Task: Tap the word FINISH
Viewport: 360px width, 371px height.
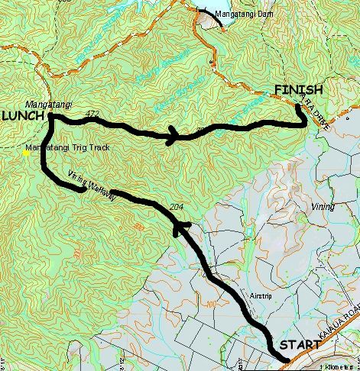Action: tap(298, 90)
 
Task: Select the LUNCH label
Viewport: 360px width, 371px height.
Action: tap(22, 116)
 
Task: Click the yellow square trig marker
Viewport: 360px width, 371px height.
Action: tap(26, 153)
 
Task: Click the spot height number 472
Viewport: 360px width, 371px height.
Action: tap(94, 114)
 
